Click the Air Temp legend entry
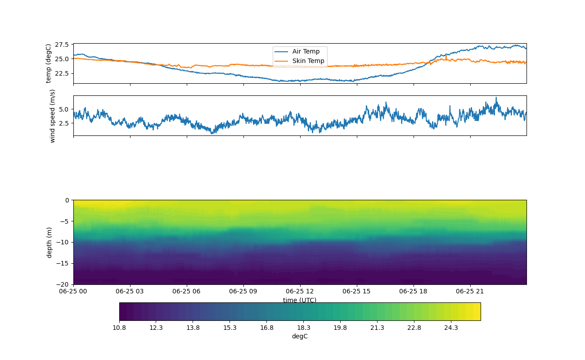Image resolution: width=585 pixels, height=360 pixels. click(306, 52)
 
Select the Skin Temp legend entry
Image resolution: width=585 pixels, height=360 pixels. click(308, 61)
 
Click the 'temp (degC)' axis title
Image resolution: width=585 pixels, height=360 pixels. click(49, 63)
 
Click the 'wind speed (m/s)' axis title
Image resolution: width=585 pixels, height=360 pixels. click(52, 116)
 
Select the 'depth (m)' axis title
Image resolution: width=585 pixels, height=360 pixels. click(49, 242)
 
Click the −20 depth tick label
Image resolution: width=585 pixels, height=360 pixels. click(63, 284)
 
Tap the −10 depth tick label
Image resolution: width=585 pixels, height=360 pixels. click(63, 242)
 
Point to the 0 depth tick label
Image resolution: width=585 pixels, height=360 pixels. click(67, 200)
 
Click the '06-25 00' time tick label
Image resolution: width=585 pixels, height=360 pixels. click(74, 291)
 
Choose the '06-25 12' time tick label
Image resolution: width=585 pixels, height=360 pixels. click(300, 291)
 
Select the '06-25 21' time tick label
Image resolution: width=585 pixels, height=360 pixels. click(470, 291)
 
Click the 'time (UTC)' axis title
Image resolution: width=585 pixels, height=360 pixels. click(300, 300)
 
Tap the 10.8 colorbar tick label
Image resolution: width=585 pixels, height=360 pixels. click(119, 328)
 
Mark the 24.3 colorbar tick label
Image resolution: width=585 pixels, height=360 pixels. click(451, 328)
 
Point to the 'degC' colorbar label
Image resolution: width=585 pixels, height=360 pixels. click(300, 336)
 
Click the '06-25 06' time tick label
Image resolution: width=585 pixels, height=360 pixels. click(187, 291)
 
